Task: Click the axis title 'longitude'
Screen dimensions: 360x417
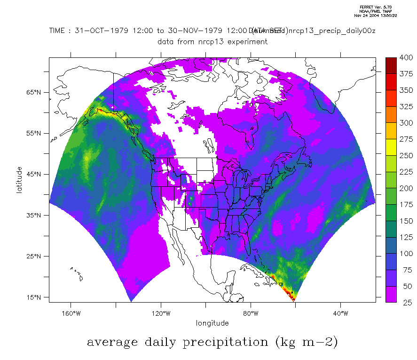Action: [x=212, y=323]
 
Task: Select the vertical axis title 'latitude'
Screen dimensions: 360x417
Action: [x=19, y=180]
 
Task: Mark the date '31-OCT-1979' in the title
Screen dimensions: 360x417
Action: [x=98, y=31]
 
